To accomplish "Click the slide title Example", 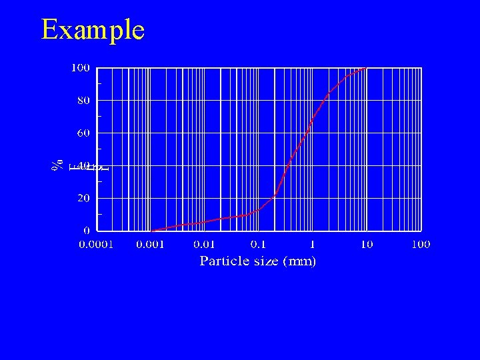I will (x=93, y=30).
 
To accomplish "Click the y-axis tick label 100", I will (x=81, y=68).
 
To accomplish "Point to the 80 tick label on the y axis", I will (x=83, y=101).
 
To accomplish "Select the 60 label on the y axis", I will (x=83, y=133).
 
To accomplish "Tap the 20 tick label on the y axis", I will (x=83, y=198).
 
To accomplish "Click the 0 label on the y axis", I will (x=87, y=230).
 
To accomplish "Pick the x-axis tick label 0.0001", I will (x=97, y=245).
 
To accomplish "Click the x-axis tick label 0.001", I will (x=151, y=245).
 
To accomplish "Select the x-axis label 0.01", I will (x=205, y=245).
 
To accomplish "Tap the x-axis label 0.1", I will (x=259, y=245).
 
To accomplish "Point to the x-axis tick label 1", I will (x=313, y=245).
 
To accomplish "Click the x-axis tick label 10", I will (x=367, y=245).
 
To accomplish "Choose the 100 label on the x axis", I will (x=421, y=245).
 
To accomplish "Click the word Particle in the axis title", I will (x=225, y=261).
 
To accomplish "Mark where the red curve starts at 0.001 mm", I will (x=151, y=230).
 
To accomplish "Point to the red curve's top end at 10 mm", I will (x=366, y=68).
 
